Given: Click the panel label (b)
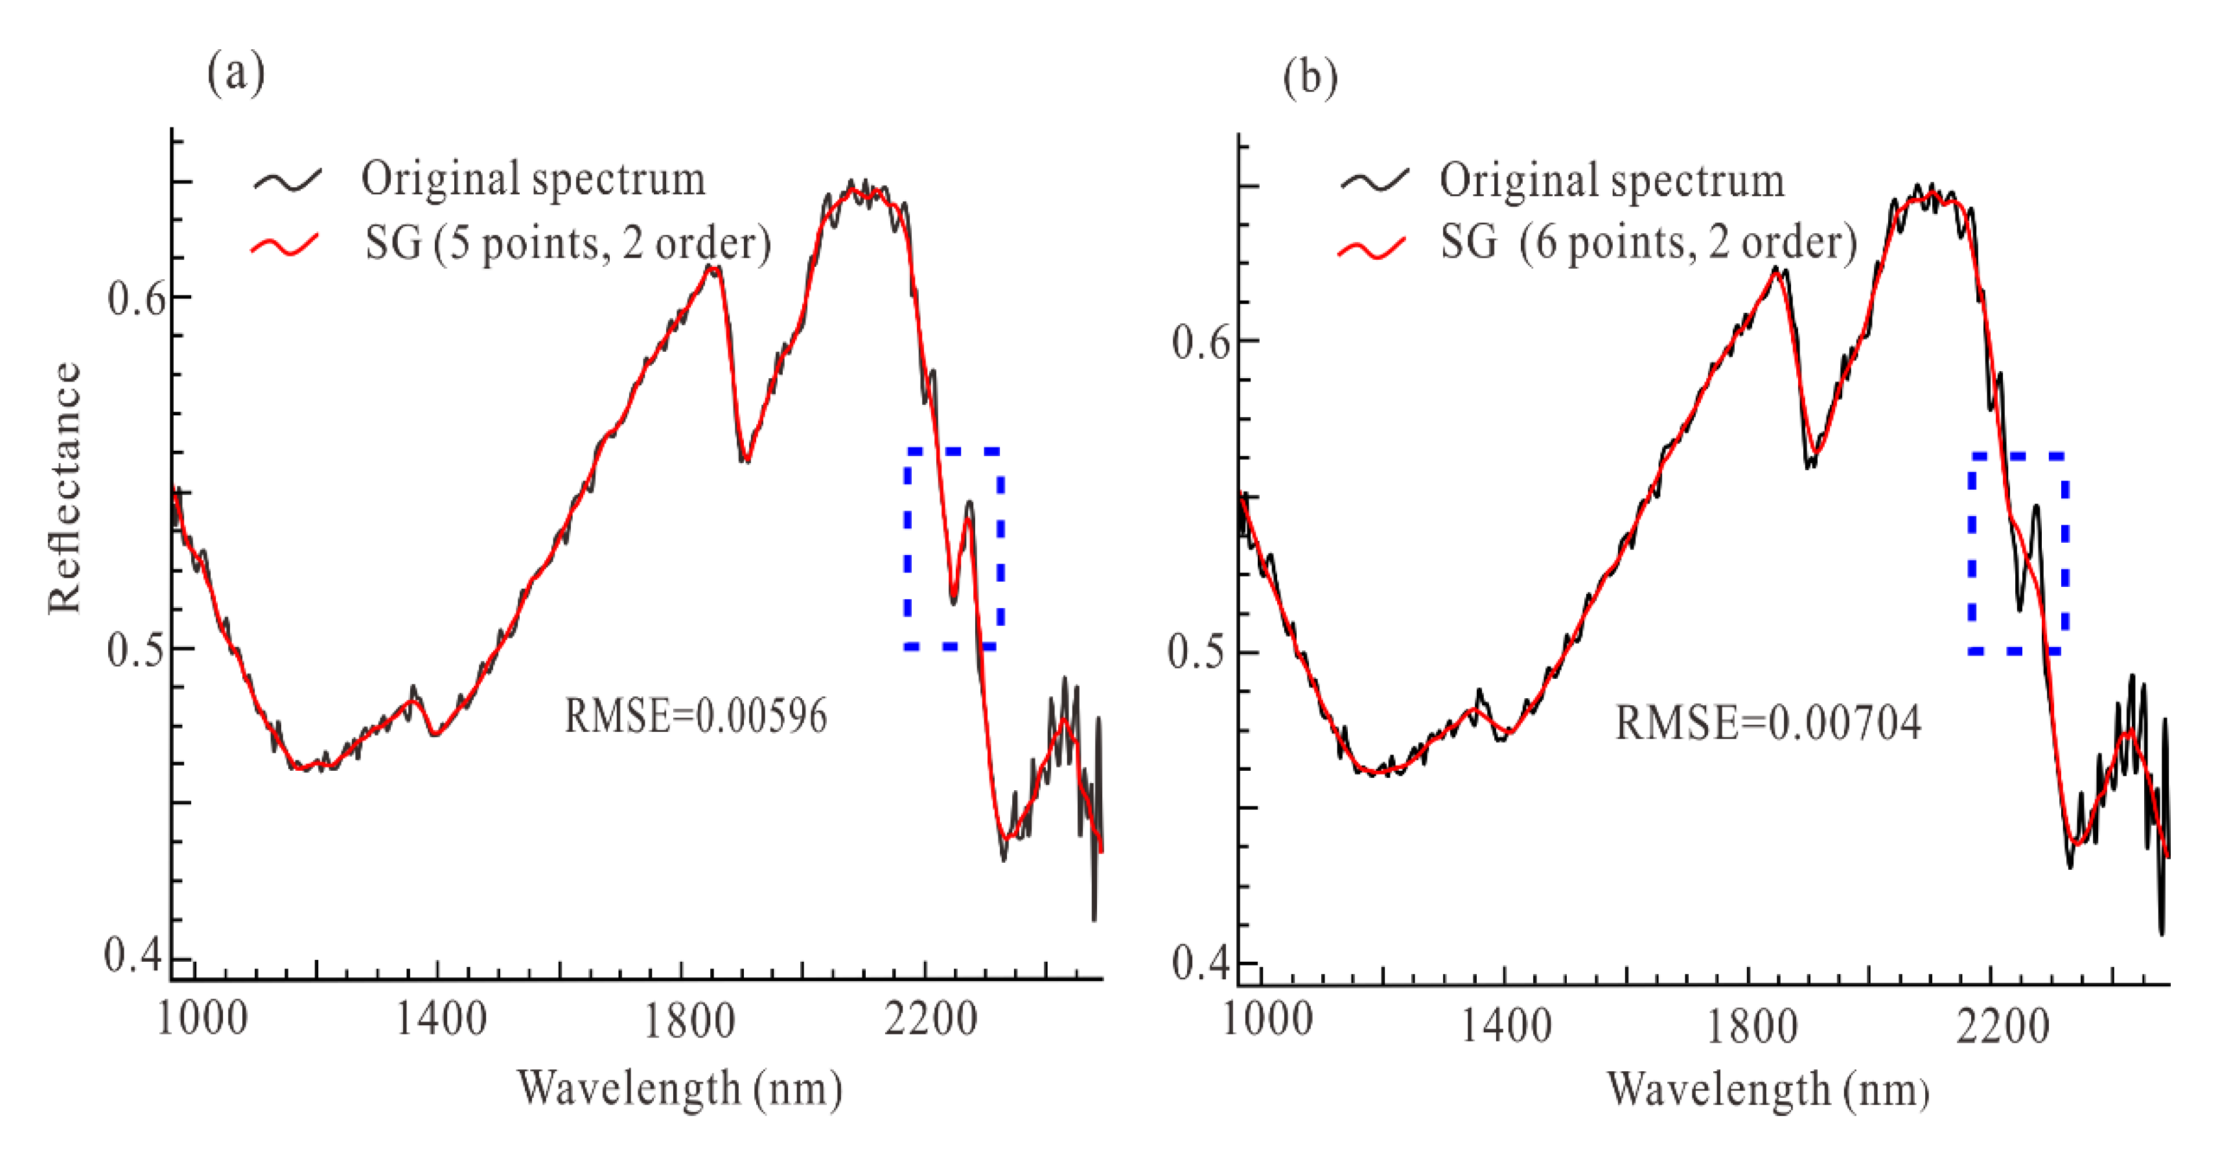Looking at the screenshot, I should coord(1310,77).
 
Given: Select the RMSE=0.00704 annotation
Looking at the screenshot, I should coord(1768,723).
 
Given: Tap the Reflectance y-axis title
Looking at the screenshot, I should coord(65,488).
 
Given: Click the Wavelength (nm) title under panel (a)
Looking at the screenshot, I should coord(679,1088).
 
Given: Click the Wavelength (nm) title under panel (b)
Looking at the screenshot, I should coord(1768,1090).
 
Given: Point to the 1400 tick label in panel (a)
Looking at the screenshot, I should coord(440,1019).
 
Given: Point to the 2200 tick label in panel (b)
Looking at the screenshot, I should coord(2002,1028).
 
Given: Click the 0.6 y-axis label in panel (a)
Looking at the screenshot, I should coord(136,299).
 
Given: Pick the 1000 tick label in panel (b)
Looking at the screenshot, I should coord(1267,1019).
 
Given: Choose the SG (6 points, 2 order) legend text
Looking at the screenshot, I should coord(1648,242).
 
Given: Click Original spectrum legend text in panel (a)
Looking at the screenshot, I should coord(533,179).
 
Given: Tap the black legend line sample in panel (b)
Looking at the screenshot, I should coord(1374,180).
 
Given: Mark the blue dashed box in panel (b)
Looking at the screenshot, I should coord(2018,552).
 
